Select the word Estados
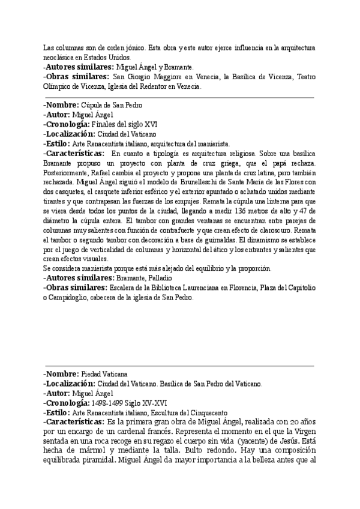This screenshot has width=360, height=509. (91, 57)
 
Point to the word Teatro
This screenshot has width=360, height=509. (304, 77)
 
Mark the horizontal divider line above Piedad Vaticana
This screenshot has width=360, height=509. (180, 365)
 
